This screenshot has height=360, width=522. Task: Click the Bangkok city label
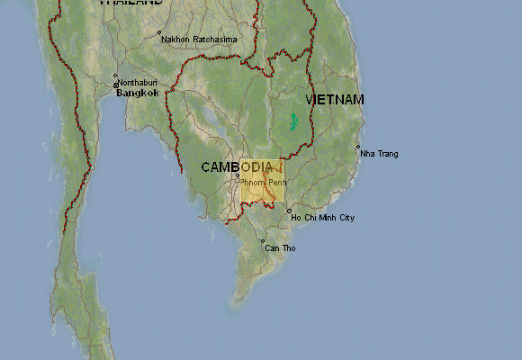(138, 93)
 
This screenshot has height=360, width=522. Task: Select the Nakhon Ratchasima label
(199, 40)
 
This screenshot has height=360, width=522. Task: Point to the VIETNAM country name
(335, 99)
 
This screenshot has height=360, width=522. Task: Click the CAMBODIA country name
(237, 167)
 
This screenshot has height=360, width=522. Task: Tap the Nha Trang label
(379, 154)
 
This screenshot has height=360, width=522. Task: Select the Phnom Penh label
(264, 183)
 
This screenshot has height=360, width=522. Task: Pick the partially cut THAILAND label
(131, 3)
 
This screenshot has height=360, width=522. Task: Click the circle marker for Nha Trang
(358, 147)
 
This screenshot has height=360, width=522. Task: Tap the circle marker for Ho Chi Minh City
(289, 211)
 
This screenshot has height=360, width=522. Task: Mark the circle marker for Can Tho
(263, 241)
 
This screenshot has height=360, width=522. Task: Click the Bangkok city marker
(115, 86)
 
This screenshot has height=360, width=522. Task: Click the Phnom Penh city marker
(238, 175)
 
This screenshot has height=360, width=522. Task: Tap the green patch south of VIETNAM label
(293, 120)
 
